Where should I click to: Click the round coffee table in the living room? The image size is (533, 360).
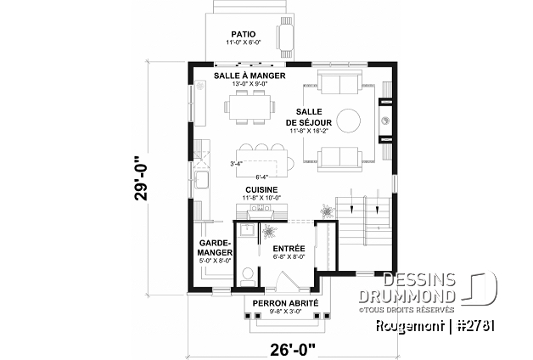[349, 119]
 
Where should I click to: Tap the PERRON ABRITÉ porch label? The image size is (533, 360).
[281, 302]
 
